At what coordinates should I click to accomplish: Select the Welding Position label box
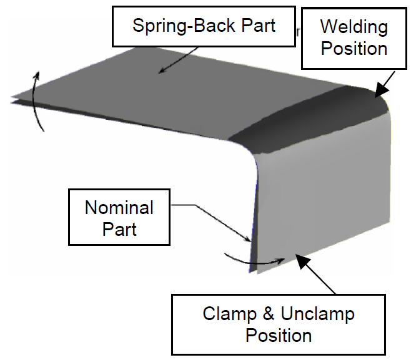tap(354, 38)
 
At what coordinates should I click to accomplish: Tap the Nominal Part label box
tap(119, 218)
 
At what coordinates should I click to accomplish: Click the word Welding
tap(354, 27)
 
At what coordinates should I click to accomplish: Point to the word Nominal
tap(119, 207)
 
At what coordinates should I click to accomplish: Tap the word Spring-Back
tap(179, 26)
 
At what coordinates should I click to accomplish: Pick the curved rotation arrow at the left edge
tap(37, 100)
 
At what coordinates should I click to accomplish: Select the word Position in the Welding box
tap(354, 49)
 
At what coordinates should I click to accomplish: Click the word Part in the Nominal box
tap(119, 228)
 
